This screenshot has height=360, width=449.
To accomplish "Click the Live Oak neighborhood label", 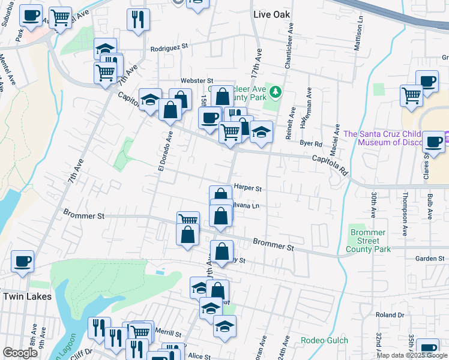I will [x=271, y=14].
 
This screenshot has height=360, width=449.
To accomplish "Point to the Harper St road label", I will [x=248, y=188].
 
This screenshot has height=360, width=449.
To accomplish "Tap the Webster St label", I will [x=197, y=80].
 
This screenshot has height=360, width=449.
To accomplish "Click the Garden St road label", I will [x=429, y=259].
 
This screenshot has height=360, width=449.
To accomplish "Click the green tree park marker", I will [x=276, y=92].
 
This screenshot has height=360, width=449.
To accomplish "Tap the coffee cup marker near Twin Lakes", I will [x=23, y=262].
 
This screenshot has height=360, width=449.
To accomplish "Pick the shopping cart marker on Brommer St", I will [x=188, y=220].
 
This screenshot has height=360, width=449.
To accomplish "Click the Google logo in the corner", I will [x=20, y=353].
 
